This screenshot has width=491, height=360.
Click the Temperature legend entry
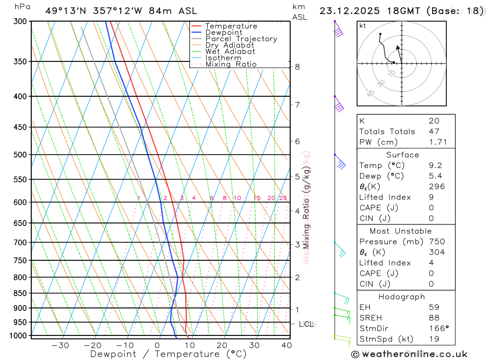[x=231, y=26]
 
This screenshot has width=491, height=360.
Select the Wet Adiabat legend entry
[x=230, y=52]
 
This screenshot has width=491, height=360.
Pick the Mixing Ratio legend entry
[x=231, y=64]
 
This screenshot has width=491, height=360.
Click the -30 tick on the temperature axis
[x=60, y=345]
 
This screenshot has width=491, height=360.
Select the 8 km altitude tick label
[x=298, y=67]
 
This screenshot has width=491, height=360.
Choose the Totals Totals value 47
[x=434, y=132]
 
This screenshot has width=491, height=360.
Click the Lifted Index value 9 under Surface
[x=431, y=197]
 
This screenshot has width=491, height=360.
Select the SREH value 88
[x=434, y=318]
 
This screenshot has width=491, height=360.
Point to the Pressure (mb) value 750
[x=436, y=242]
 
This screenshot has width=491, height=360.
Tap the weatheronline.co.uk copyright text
[x=409, y=354]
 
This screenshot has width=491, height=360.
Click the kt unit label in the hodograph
[x=363, y=26]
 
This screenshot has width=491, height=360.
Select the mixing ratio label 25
[x=283, y=198]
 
